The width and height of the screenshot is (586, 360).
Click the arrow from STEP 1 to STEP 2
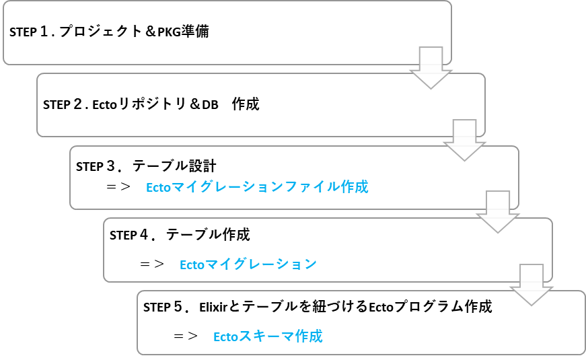(x=431, y=68)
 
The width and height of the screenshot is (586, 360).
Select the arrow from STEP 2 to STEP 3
(x=464, y=141)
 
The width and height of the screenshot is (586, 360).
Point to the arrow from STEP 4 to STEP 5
(x=532, y=284)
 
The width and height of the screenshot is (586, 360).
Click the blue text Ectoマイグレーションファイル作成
(x=257, y=187)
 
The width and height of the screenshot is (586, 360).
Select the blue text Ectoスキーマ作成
(x=268, y=336)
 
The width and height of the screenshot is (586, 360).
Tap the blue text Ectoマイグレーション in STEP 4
(x=248, y=264)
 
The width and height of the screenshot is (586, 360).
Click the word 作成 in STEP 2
(x=245, y=105)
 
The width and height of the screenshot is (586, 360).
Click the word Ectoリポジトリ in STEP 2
(x=139, y=105)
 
